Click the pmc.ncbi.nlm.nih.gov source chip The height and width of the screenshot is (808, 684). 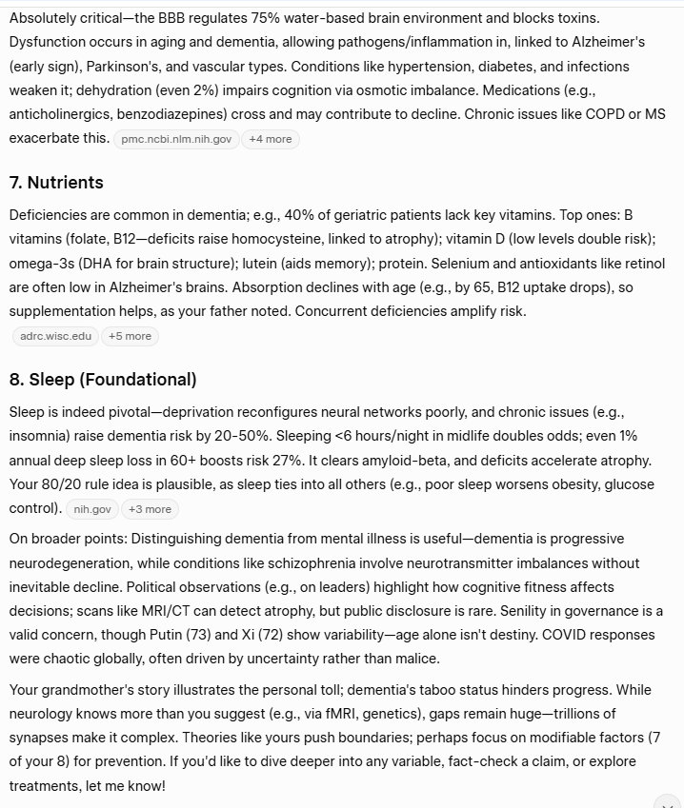176,139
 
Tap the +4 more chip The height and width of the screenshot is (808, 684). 270,139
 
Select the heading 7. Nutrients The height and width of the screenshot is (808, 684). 56,183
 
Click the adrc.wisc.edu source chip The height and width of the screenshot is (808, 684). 56,336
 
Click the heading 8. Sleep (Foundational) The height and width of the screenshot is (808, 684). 103,380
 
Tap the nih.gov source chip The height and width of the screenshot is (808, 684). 92,509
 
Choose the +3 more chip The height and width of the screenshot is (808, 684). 150,509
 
